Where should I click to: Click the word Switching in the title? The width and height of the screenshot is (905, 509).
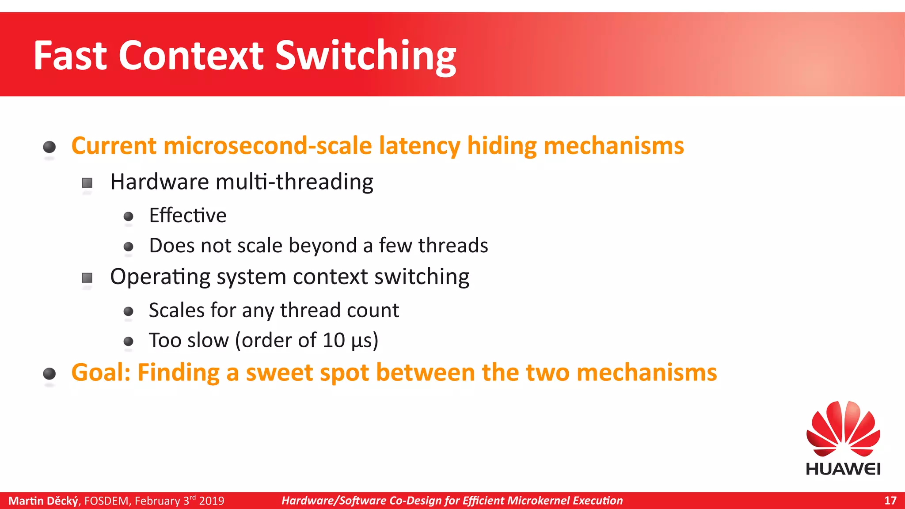click(365, 56)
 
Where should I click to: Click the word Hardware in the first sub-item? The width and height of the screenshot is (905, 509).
click(160, 182)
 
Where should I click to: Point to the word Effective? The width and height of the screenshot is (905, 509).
click(188, 216)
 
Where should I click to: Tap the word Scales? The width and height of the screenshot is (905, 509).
click(177, 310)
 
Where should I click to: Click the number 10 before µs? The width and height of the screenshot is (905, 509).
click(334, 340)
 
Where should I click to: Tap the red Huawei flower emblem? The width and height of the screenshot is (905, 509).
click(843, 429)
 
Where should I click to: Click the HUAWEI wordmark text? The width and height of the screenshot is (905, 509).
click(843, 469)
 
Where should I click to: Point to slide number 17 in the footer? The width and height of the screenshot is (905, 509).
click(890, 501)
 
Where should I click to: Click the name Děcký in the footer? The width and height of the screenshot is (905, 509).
click(62, 501)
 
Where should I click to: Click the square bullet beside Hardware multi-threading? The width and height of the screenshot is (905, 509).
click(87, 182)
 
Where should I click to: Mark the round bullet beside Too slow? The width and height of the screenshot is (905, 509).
click(129, 341)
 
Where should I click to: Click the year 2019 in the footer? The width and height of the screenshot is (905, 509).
click(212, 501)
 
